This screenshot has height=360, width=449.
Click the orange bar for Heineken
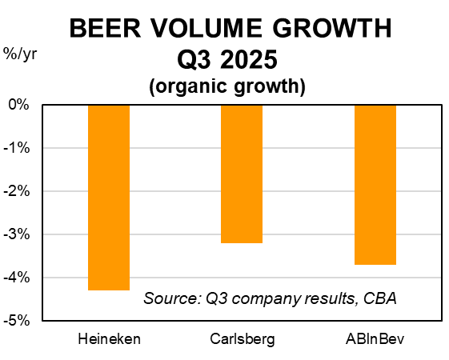coord(109,197)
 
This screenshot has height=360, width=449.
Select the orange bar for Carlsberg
coord(242,174)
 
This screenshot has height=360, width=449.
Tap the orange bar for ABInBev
coord(375,184)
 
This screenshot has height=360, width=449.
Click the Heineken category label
coord(109,339)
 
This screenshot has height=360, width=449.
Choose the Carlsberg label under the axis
coord(242,339)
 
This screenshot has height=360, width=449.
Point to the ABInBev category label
coord(375,339)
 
